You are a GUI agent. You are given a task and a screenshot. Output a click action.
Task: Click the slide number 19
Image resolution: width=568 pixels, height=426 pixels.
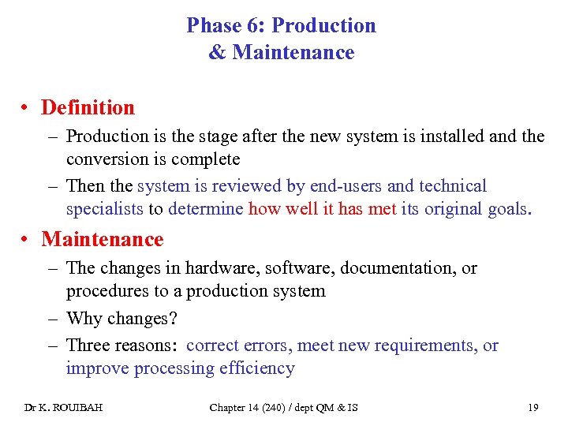[533, 408]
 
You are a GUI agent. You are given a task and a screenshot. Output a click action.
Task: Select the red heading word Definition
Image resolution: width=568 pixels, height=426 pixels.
[88, 107]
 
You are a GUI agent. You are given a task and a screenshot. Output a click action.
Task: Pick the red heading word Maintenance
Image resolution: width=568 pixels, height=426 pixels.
[103, 239]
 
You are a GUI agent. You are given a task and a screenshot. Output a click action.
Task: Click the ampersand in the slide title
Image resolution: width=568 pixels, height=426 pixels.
[217, 53]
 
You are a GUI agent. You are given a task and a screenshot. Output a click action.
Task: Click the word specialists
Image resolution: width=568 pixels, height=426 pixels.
[104, 209]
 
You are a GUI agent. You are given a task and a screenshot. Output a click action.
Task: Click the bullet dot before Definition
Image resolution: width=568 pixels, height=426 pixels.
[27, 108]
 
